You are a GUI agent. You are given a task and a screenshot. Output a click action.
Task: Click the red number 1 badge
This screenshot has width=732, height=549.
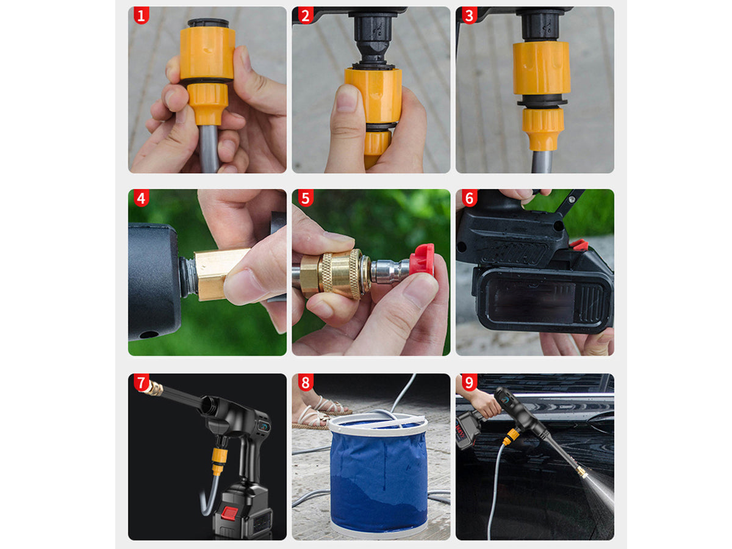(x=141, y=16)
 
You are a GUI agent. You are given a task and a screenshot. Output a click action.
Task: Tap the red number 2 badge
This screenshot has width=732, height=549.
(x=305, y=16)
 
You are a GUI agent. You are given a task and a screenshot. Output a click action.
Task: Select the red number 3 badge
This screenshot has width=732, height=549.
(x=469, y=16)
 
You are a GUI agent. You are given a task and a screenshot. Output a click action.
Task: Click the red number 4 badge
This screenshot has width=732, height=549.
(x=141, y=198)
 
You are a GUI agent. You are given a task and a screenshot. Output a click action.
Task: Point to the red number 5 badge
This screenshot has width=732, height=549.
(x=305, y=198)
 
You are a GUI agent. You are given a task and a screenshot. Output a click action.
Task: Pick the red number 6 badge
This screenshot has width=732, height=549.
(x=469, y=198)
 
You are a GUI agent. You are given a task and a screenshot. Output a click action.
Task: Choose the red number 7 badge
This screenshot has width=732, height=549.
(x=141, y=382)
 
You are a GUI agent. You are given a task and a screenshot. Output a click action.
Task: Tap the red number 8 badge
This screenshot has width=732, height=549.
(x=305, y=382)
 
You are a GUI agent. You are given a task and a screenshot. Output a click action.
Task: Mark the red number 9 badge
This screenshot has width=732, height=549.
(x=469, y=382)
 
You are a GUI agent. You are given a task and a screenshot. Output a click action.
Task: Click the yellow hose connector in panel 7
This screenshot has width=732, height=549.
(x=219, y=461)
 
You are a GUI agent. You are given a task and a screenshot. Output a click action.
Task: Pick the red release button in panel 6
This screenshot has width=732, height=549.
(x=579, y=245)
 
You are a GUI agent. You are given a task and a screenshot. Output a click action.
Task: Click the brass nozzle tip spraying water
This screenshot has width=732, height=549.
(x=582, y=472)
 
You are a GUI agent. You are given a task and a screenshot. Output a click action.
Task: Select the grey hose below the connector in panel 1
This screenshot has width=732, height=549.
(x=209, y=148)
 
